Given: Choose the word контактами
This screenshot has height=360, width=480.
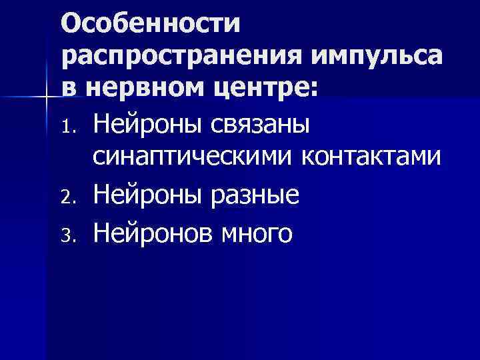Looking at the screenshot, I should [371, 157].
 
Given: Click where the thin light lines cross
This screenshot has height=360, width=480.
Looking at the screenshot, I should [45, 97].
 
